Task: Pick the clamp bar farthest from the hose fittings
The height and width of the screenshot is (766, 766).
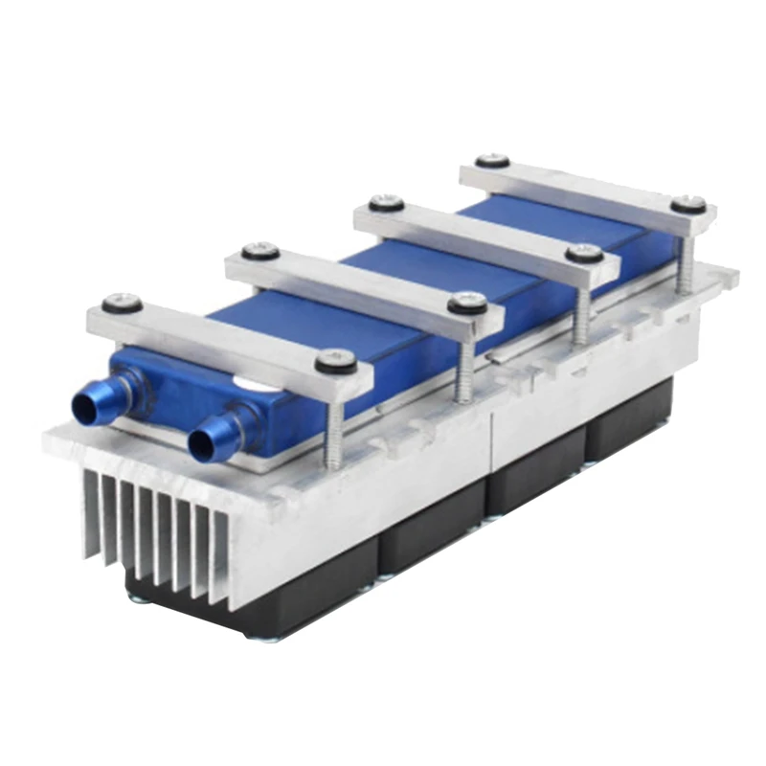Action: pyautogui.click(x=584, y=189)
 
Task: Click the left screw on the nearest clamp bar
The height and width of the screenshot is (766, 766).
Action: pyautogui.click(x=123, y=304)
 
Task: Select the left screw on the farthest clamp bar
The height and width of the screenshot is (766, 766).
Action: pyautogui.click(x=492, y=161)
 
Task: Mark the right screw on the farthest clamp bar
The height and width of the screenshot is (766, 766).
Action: pyautogui.click(x=687, y=205)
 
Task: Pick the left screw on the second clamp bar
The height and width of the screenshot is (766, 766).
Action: pyautogui.click(x=260, y=252)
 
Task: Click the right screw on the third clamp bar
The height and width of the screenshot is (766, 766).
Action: pyautogui.click(x=584, y=254)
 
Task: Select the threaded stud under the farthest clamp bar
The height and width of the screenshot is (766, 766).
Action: pyautogui.click(x=684, y=259)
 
